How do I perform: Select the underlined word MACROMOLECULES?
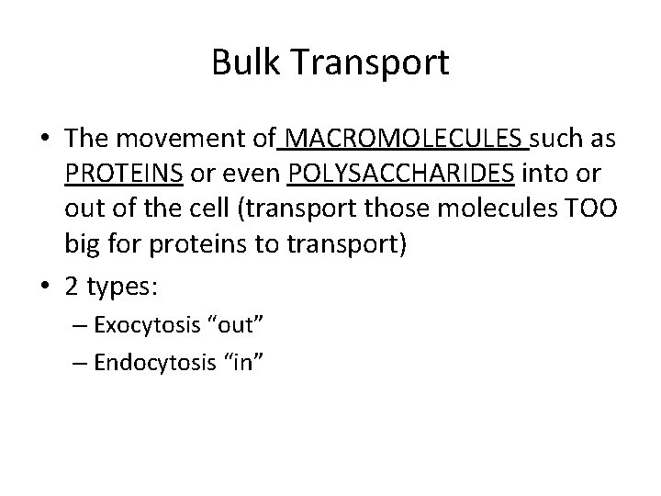407,140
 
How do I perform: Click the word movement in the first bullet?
188,140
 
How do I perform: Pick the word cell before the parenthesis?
194,206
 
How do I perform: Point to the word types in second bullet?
123,287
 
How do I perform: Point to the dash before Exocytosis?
84,325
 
